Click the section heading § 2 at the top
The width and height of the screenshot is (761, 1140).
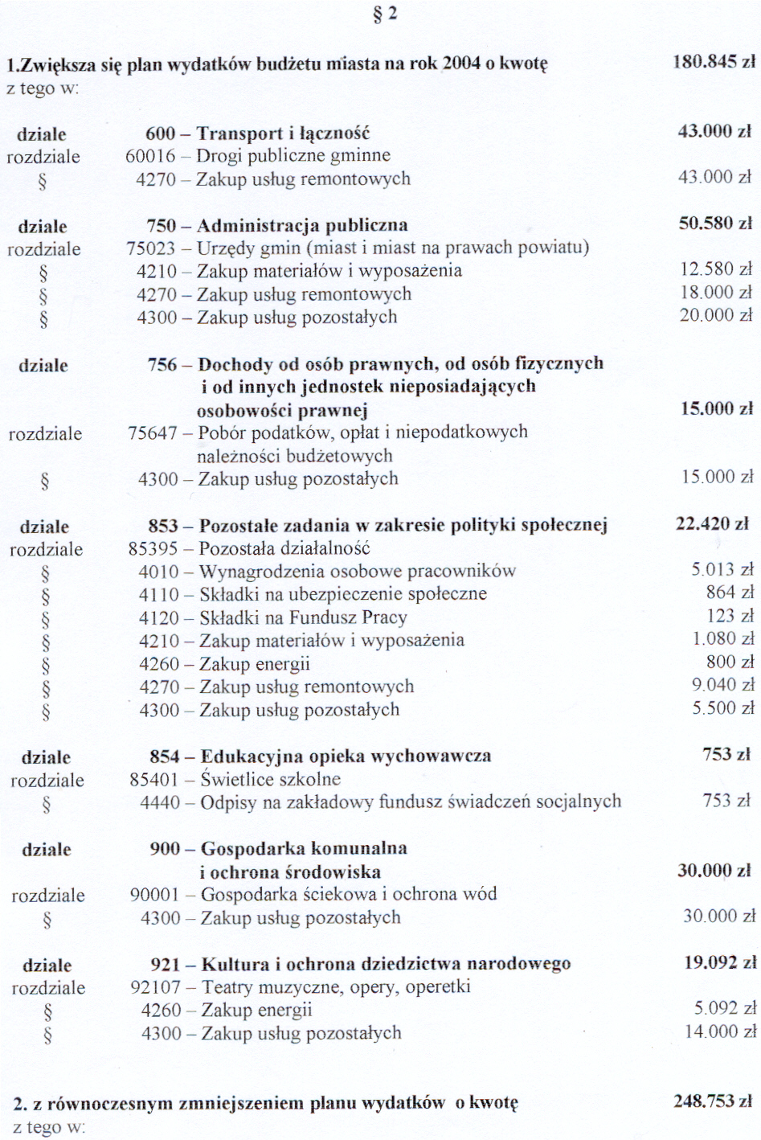(386, 14)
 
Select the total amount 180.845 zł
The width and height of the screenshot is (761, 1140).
(714, 62)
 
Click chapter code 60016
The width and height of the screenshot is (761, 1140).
(150, 156)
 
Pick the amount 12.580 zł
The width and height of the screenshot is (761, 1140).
(716, 269)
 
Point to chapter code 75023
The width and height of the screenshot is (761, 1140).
(151, 248)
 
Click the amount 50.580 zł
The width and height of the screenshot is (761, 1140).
(715, 223)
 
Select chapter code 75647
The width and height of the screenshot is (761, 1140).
(153, 433)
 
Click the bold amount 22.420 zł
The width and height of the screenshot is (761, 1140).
(712, 524)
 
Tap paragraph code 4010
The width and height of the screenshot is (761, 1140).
(159, 572)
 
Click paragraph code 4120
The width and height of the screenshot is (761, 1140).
(159, 617)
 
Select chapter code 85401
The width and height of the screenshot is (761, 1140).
(153, 780)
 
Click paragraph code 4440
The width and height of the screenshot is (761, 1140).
(160, 802)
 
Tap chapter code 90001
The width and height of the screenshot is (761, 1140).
(154, 895)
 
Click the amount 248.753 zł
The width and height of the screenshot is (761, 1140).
(713, 1101)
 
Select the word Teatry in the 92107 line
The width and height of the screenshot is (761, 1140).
(228, 987)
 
